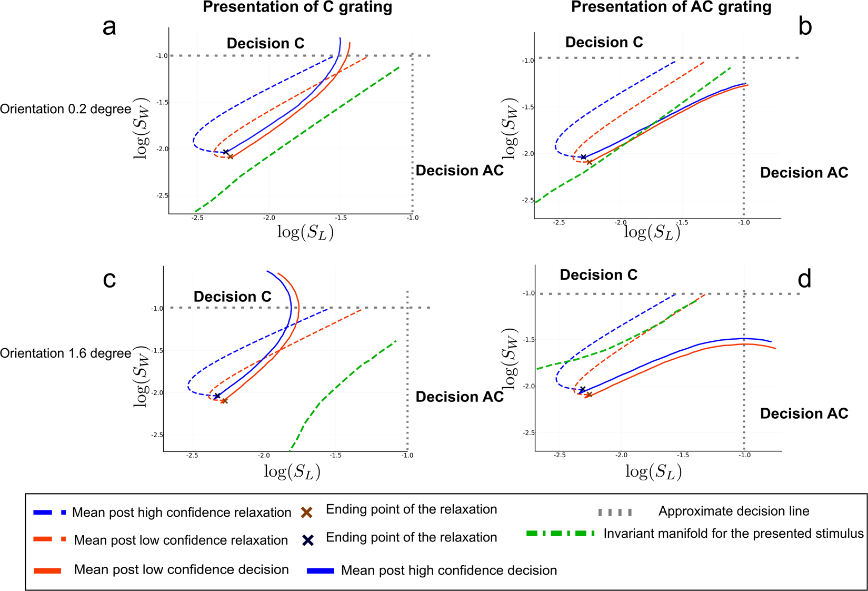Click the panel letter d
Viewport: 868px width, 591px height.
804,279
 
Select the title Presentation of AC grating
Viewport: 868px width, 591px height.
671,7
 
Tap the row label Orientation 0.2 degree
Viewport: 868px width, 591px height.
65,109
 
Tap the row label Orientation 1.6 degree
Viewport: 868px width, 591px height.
65,353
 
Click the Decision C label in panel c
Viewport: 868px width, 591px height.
232,297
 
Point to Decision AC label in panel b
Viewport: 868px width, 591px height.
804,173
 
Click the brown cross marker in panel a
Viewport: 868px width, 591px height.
230,156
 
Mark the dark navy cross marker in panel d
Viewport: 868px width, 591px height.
582,390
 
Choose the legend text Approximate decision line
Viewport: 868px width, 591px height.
733,511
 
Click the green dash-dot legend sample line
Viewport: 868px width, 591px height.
561,534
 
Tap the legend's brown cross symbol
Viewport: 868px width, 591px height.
307,512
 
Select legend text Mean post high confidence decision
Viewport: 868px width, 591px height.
448,570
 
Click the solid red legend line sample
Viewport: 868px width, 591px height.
47,570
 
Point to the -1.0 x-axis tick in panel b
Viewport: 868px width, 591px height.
743,223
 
